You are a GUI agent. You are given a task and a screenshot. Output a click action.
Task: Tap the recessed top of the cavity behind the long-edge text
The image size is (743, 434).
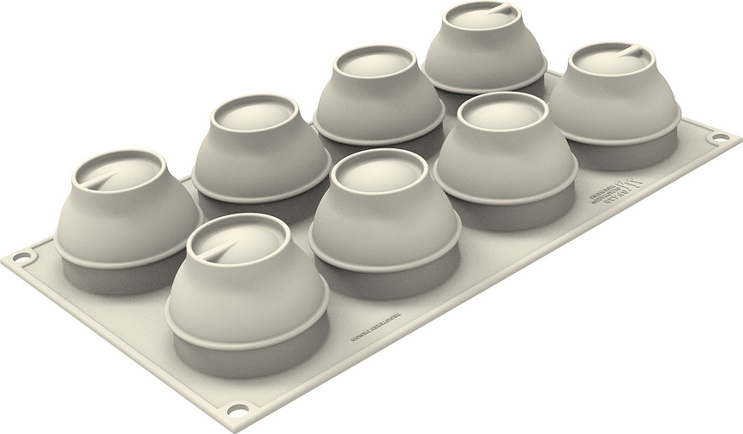(x=374, y=174)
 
